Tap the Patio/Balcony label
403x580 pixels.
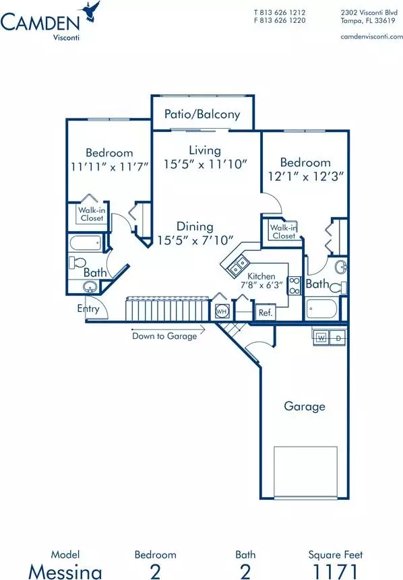tap(202, 114)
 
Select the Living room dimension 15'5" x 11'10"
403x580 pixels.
tap(206, 164)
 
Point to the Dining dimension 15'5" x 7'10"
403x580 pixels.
tap(195, 240)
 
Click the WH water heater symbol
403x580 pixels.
tap(221, 311)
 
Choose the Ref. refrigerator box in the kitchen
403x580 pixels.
tap(266, 313)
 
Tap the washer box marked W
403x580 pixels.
tap(321, 337)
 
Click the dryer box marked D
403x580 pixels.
tap(338, 337)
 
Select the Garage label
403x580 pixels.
tap(305, 406)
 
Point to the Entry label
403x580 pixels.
tap(88, 309)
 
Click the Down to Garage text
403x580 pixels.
tap(164, 336)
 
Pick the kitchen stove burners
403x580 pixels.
tap(295, 286)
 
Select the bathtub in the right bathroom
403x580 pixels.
tap(322, 309)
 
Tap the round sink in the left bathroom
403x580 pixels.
tap(90, 287)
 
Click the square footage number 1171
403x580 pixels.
tap(336, 571)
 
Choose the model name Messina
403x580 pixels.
tap(65, 572)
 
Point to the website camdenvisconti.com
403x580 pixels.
tap(371, 36)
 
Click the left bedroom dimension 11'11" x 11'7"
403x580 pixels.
tap(110, 166)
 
